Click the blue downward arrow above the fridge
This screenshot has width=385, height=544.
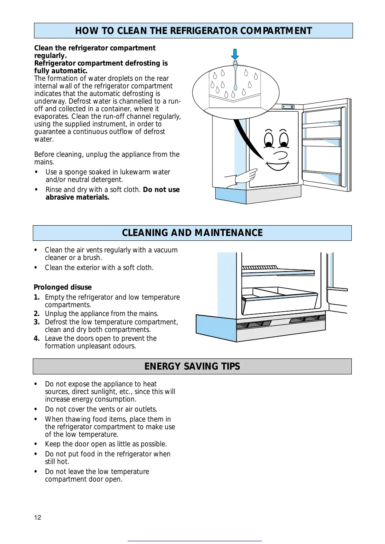235,54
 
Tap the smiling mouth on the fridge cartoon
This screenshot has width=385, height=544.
278,163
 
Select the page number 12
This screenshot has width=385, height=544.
38,518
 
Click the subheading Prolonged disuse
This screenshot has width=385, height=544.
62,287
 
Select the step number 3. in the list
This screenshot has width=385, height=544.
37,322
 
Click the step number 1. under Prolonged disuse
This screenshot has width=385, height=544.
37,297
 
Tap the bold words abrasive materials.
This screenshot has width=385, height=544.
77,197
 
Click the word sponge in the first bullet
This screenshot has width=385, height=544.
75,172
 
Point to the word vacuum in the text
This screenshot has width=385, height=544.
166,250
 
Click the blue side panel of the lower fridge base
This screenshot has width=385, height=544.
216,327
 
